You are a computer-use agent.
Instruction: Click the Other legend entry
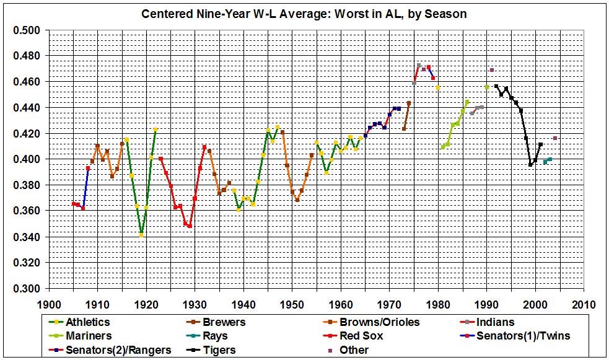pyautogui.click(x=356, y=350)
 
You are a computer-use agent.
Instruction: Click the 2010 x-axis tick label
pyautogui.click(x=584, y=305)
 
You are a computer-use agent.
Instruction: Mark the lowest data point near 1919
pyautogui.click(x=141, y=235)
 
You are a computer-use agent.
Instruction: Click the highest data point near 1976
pyautogui.click(x=419, y=65)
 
